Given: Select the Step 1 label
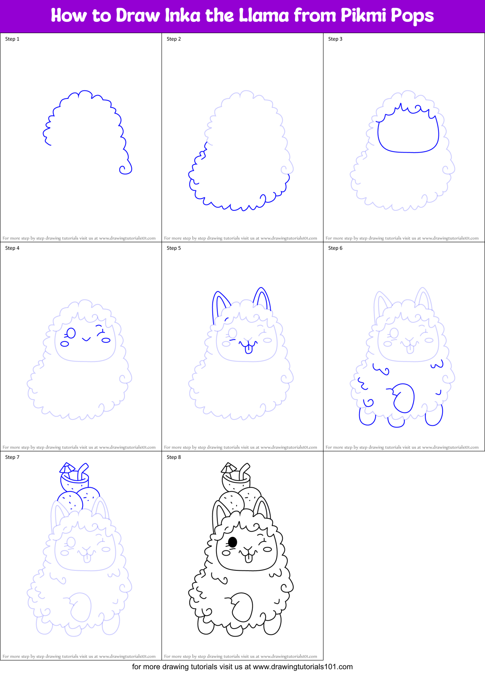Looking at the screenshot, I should tap(12, 39).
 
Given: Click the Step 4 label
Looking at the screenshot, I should tap(12, 248).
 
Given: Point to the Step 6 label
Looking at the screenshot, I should tap(335, 248).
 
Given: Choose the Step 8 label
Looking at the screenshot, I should tap(174, 457).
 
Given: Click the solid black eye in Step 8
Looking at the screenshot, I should tap(232, 542).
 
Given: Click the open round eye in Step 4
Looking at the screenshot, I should tap(71, 333).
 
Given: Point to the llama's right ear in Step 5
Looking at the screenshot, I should tap(262, 298).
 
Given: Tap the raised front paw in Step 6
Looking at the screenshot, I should tap(404, 398).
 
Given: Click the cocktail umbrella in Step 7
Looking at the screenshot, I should tap(67, 468).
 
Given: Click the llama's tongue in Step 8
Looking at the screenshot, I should tap(249, 558).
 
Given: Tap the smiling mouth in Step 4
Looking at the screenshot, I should tap(86, 339).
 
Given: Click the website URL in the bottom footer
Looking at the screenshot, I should tap(303, 667).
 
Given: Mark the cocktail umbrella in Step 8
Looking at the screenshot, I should tap(228, 468).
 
